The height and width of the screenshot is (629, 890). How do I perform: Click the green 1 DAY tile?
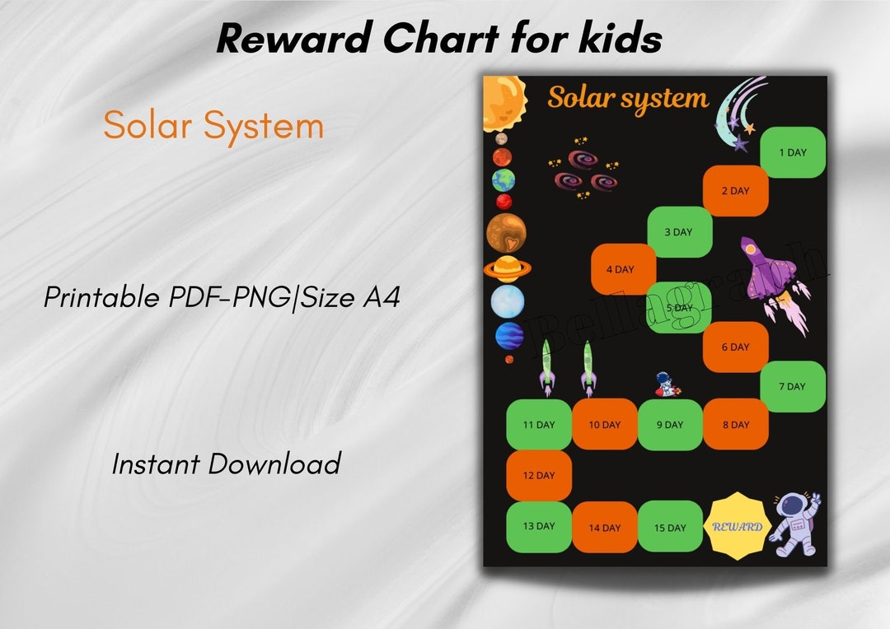coord(792,152)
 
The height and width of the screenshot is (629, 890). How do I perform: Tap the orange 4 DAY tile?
coord(623,269)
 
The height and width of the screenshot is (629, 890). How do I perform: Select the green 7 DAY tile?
coord(792,386)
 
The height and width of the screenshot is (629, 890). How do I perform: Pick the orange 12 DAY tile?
coord(538,475)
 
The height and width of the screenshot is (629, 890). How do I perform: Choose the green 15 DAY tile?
coord(670,527)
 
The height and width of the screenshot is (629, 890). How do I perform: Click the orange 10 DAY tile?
coord(604,425)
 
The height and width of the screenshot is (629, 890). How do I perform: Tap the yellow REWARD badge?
coord(737,526)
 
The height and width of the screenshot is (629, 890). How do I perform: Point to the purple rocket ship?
coord(770,272)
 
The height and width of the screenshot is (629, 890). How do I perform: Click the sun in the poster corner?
coord(503,102)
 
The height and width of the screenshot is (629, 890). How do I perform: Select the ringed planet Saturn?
coord(507,268)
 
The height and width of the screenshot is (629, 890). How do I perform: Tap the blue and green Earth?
coord(504,180)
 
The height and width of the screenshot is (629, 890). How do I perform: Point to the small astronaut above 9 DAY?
coord(663,384)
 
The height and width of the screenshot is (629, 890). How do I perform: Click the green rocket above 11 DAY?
coord(546,367)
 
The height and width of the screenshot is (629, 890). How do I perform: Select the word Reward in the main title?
coord(289,38)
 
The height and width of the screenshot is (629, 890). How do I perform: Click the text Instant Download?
coord(226,464)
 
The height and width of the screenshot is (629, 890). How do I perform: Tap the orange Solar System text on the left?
coord(213,126)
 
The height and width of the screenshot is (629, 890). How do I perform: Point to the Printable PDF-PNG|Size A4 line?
coord(222,296)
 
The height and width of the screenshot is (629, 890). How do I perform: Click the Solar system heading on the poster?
coord(628,99)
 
